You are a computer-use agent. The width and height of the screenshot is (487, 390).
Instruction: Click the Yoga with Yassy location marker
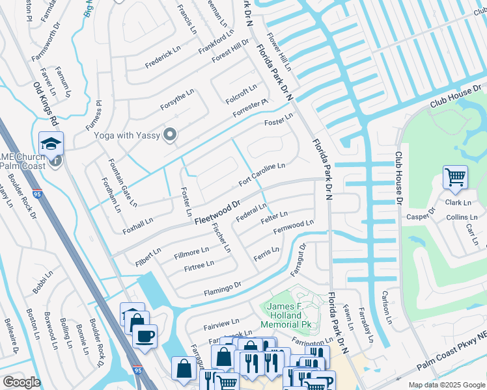pos(171,135)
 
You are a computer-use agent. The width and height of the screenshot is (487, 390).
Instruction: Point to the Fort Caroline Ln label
pos(262,175)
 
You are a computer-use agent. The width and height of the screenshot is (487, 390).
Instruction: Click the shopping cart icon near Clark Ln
pos(455,176)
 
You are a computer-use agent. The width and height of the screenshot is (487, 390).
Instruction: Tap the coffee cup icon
pos(144,337)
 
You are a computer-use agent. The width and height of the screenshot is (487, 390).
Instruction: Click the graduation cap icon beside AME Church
pos(51,143)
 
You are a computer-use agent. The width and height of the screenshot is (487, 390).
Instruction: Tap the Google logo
pos(21,382)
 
